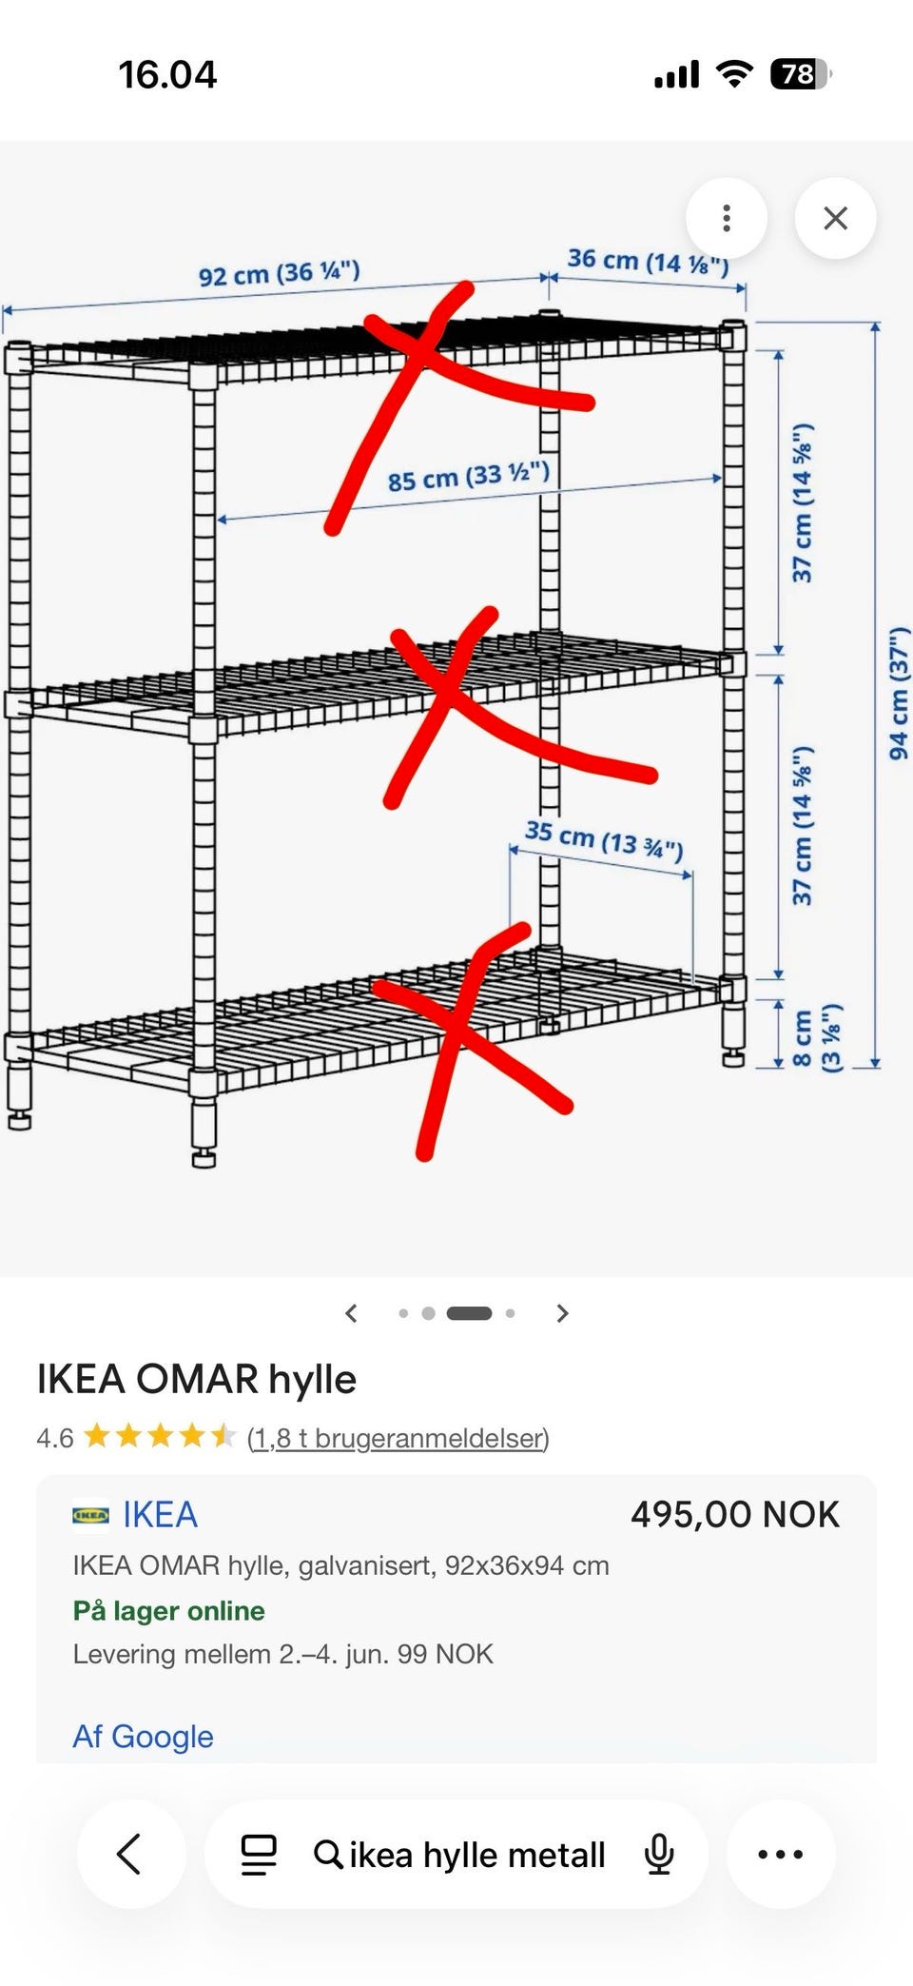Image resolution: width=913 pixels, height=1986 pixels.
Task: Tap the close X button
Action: pyautogui.click(x=835, y=218)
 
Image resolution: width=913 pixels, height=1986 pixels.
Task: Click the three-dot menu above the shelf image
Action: pyautogui.click(x=727, y=218)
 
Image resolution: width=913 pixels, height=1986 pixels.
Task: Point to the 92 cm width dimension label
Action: pyautogui.click(x=279, y=273)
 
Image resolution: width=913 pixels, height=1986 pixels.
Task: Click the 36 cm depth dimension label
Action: pyautogui.click(x=649, y=261)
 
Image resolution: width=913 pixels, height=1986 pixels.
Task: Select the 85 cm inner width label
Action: pyautogui.click(x=468, y=475)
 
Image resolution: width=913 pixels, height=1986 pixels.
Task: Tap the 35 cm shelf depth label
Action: pyautogui.click(x=604, y=838)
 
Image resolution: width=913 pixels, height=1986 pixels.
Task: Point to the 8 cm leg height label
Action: pyautogui.click(x=816, y=1037)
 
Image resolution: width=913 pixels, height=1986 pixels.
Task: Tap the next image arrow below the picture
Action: pyautogui.click(x=562, y=1313)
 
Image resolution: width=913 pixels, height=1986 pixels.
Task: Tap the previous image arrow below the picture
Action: pyautogui.click(x=351, y=1313)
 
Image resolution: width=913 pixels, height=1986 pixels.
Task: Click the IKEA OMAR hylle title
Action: pyautogui.click(x=197, y=1379)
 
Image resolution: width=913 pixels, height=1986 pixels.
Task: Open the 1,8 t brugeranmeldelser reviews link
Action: pyautogui.click(x=398, y=1437)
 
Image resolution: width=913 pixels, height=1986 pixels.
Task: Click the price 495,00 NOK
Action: pyautogui.click(x=735, y=1514)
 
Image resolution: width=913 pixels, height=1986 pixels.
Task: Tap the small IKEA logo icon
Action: pyautogui.click(x=90, y=1514)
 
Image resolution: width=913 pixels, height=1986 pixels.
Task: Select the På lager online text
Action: pyautogui.click(x=169, y=1610)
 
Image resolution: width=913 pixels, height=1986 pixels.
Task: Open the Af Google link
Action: pyautogui.click(x=144, y=1737)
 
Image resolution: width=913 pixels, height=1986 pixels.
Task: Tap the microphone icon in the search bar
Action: pyautogui.click(x=659, y=1854)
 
